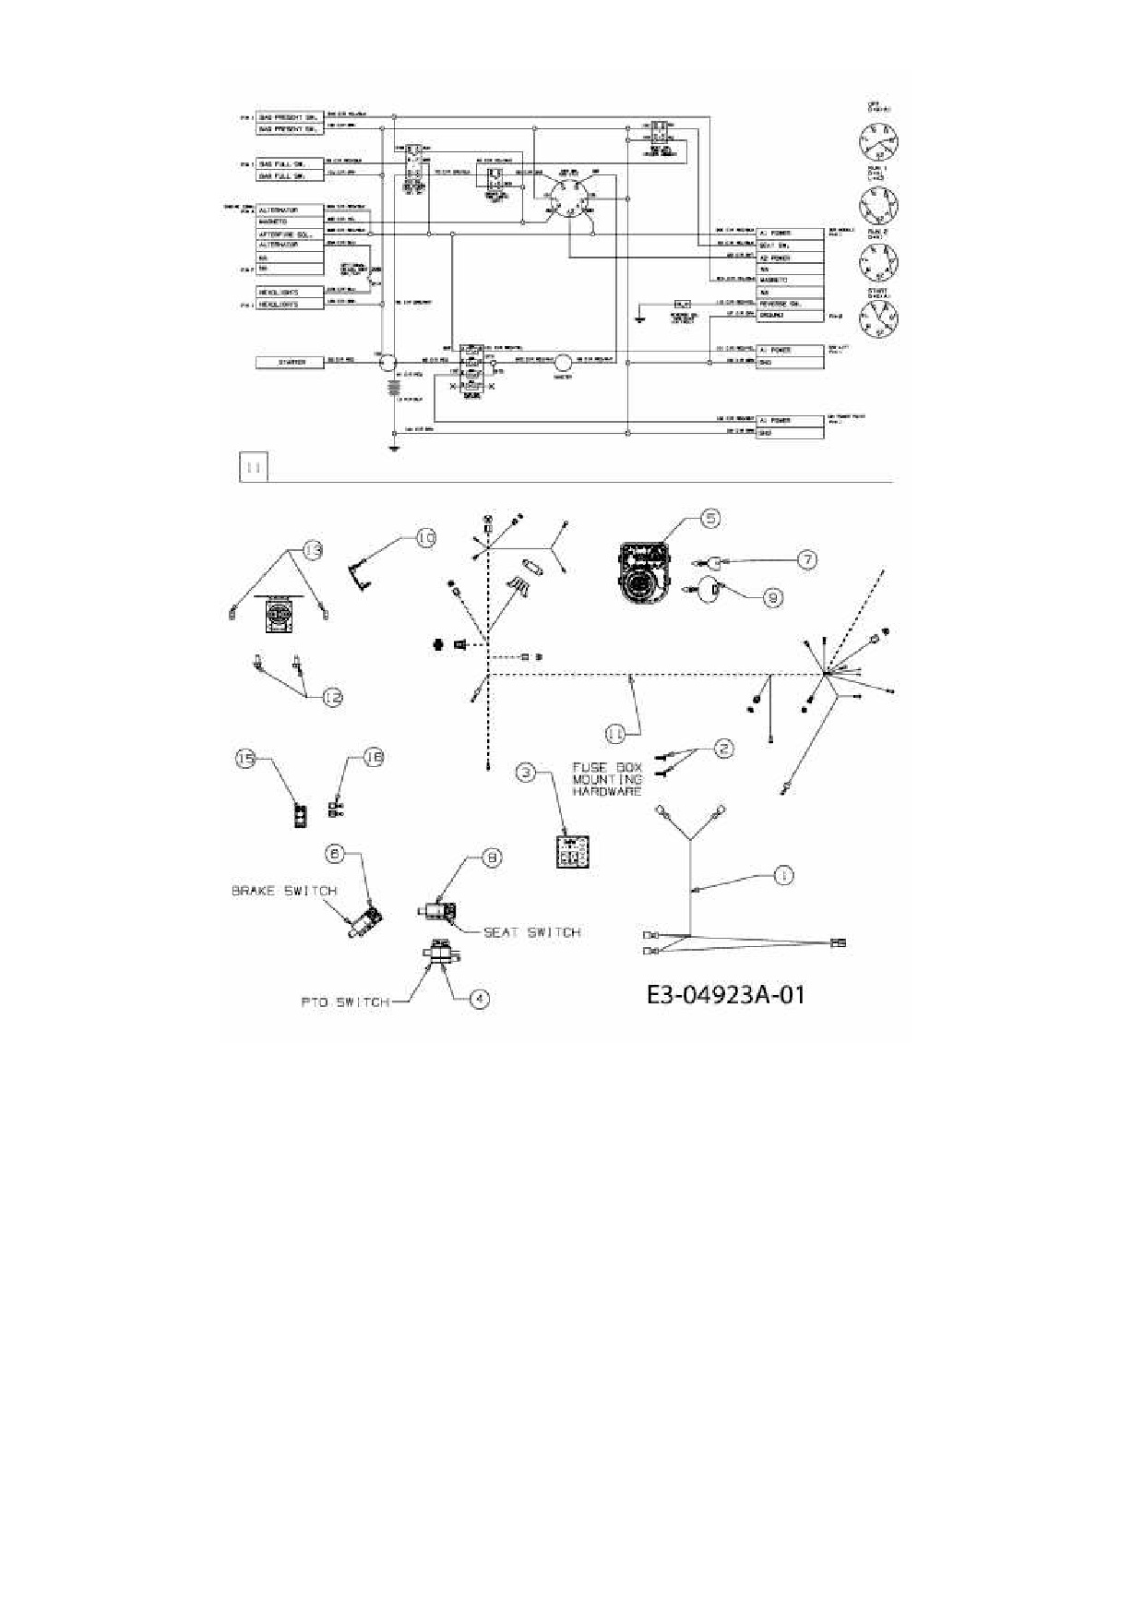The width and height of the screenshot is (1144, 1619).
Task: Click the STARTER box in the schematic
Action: point(290,363)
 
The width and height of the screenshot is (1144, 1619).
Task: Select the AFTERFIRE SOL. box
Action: point(290,234)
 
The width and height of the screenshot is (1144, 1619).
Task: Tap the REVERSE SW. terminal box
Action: point(790,303)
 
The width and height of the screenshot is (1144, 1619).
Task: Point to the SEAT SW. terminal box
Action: point(790,246)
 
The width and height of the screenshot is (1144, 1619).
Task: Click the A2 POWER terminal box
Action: point(790,258)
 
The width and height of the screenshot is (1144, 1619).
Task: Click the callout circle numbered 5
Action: point(709,519)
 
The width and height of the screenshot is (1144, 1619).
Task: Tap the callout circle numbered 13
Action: point(314,552)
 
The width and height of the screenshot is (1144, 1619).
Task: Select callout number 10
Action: point(425,538)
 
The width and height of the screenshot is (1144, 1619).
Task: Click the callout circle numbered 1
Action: point(782,875)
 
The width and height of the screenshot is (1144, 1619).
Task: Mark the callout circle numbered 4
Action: point(479,998)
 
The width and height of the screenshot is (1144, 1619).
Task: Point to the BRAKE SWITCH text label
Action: point(283,891)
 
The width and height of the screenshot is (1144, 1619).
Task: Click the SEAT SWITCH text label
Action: point(532,932)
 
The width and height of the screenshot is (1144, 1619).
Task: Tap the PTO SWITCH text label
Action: point(344,1002)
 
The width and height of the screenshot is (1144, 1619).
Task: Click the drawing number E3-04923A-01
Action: point(725,995)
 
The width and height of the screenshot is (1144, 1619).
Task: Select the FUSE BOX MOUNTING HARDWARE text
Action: point(607,779)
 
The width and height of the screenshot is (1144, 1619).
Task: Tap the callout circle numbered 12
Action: point(332,698)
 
